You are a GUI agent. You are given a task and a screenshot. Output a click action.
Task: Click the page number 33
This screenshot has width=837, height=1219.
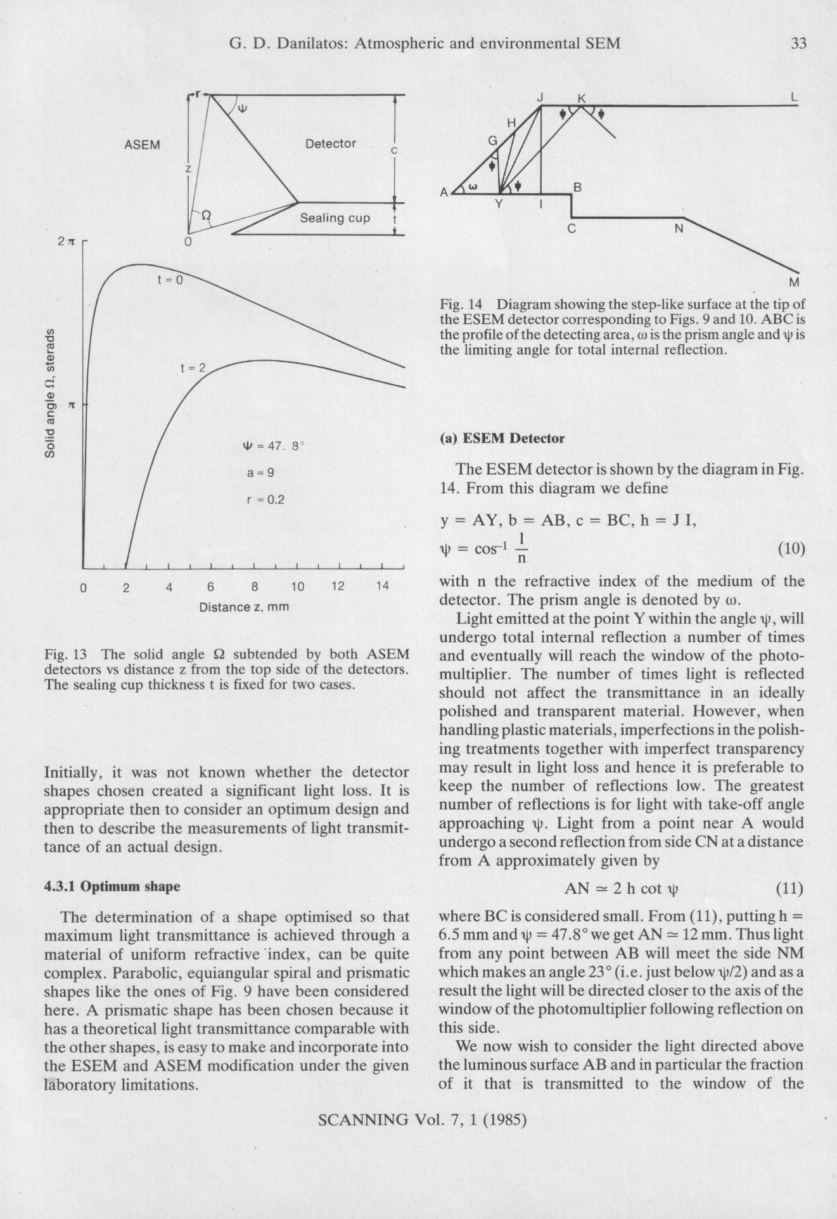(798, 43)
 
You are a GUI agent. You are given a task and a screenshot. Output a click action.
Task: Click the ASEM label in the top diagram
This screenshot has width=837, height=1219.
(142, 145)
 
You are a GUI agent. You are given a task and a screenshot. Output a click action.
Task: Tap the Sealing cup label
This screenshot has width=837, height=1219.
(335, 218)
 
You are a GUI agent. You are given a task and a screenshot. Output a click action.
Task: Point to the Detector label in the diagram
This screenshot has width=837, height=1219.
(330, 144)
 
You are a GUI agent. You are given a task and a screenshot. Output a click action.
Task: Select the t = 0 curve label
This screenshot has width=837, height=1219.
(170, 280)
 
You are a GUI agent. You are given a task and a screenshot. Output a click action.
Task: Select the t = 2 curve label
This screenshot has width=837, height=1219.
(193, 368)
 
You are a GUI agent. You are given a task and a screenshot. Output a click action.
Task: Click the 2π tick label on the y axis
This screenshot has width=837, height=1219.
(66, 242)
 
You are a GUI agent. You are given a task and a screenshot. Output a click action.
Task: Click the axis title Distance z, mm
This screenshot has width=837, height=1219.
(244, 607)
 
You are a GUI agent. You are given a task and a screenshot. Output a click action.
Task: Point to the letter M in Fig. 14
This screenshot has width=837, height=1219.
(794, 282)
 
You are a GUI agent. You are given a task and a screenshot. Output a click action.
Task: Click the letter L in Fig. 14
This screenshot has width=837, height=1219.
(794, 98)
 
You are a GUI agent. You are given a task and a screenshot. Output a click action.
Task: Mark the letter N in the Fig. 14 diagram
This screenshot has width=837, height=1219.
(679, 228)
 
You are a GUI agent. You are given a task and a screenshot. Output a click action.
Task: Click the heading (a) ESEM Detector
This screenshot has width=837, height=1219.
(501, 438)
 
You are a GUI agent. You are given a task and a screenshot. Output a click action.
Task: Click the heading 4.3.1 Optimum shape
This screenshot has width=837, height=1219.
(112, 886)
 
